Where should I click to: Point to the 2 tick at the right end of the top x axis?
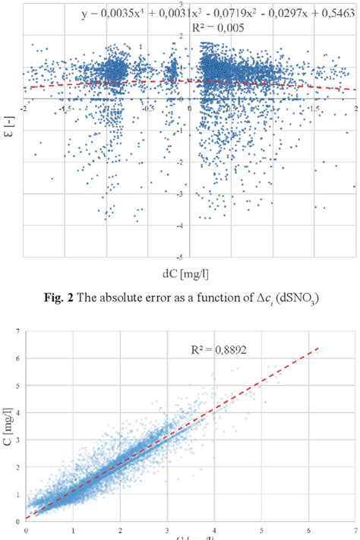pyautogui.click(x=355, y=108)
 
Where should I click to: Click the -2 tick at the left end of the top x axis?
pyautogui.click(x=25, y=108)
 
